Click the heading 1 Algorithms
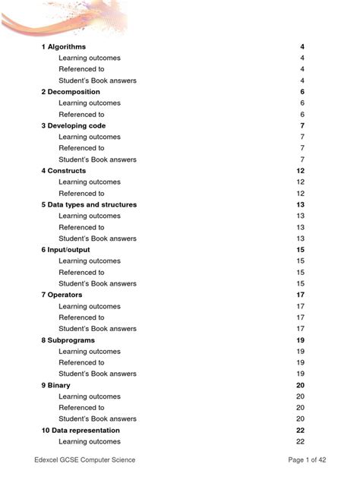64,47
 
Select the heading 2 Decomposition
71,92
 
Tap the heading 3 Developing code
74,126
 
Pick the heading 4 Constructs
64,171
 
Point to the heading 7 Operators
62,295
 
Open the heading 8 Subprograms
68,340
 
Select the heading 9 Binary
56,385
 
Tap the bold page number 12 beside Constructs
300,171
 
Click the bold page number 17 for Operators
300,295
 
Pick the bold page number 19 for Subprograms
300,340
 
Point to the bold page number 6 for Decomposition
302,92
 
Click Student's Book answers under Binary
97,419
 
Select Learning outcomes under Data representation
90,442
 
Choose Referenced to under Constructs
81,194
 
